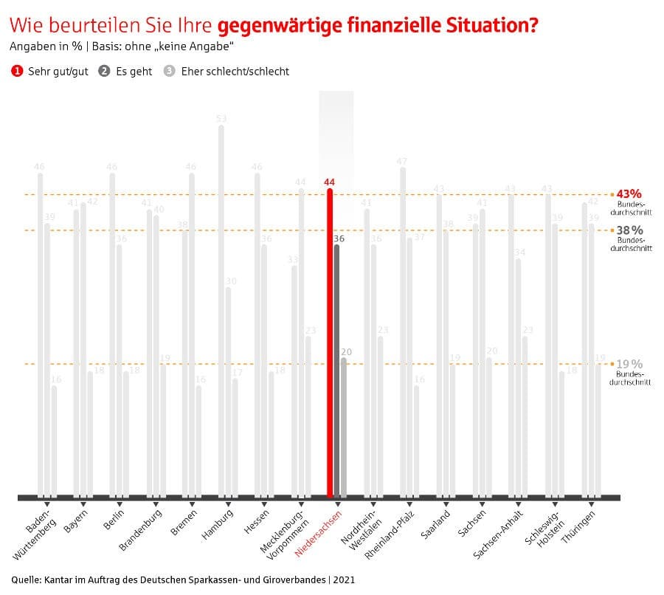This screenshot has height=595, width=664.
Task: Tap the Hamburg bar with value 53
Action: pyautogui.click(x=221, y=310)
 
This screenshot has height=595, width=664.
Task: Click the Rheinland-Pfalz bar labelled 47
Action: pyautogui.click(x=403, y=332)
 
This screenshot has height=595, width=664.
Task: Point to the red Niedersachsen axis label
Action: pyautogui.click(x=319, y=532)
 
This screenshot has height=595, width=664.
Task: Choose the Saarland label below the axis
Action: pyautogui.click(x=436, y=523)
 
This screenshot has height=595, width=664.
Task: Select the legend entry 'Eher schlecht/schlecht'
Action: pyautogui.click(x=235, y=72)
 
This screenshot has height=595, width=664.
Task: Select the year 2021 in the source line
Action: pyautogui.click(x=343, y=579)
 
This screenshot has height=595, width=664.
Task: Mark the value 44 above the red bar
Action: pyautogui.click(x=329, y=182)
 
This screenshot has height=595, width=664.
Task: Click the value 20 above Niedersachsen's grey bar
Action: pyautogui.click(x=347, y=351)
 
